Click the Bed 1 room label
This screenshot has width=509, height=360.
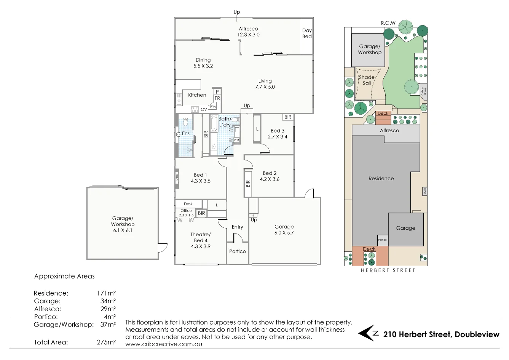point(200,175)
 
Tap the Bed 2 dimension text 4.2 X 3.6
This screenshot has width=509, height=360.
point(270,179)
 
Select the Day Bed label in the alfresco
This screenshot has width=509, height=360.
point(307,34)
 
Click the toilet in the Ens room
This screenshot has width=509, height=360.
point(185,122)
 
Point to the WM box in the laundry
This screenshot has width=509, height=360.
point(236,140)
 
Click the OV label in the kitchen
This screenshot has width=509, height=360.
point(204,110)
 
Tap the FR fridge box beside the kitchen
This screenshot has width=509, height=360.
point(217,98)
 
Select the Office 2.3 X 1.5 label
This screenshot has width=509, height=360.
point(186,213)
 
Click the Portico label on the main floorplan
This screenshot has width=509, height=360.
point(238,251)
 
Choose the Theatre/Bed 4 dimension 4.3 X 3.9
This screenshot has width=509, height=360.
point(201,246)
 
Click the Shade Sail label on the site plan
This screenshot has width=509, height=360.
point(367,80)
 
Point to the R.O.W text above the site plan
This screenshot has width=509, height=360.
point(388,23)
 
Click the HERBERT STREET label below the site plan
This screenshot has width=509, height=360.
point(388,270)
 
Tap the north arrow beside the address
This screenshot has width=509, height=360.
point(368,333)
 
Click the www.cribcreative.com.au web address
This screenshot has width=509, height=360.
point(164,344)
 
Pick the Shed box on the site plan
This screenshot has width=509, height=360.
point(425,191)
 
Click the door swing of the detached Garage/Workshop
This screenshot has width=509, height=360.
point(163,248)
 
